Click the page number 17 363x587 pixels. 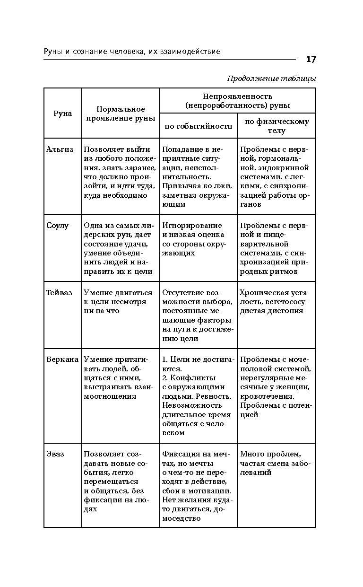coord(311,59)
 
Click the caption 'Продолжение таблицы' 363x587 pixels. coord(271,79)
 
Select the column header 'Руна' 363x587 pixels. coord(62,114)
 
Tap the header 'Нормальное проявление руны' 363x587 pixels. coord(121,114)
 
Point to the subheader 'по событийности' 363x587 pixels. coord(198,126)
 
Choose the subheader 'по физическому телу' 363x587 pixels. coord(277,126)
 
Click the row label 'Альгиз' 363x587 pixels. coord(60,149)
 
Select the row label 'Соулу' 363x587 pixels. coord(58,225)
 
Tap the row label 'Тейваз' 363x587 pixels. coord(60,292)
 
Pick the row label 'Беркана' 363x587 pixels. coord(62,359)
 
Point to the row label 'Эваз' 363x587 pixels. coord(55,454)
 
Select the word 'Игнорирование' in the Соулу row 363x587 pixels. coord(192,225)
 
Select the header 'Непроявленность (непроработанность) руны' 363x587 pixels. coord(237,100)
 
